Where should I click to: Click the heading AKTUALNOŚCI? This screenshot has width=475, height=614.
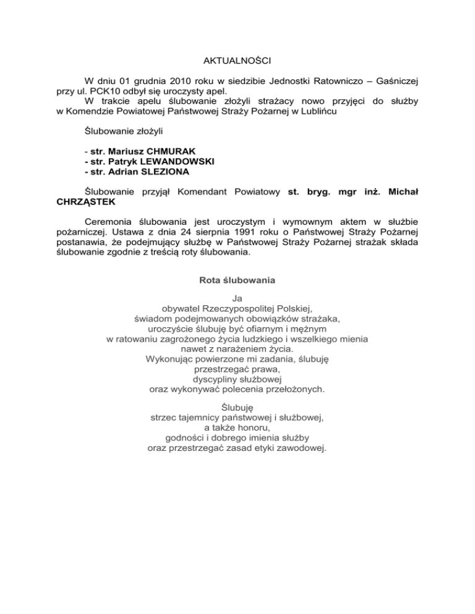tap(237, 61)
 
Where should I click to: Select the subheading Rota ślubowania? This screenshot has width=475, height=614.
tap(237, 280)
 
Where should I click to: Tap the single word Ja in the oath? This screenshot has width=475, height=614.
tap(237, 298)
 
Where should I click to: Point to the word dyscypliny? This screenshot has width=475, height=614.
tap(214, 379)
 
